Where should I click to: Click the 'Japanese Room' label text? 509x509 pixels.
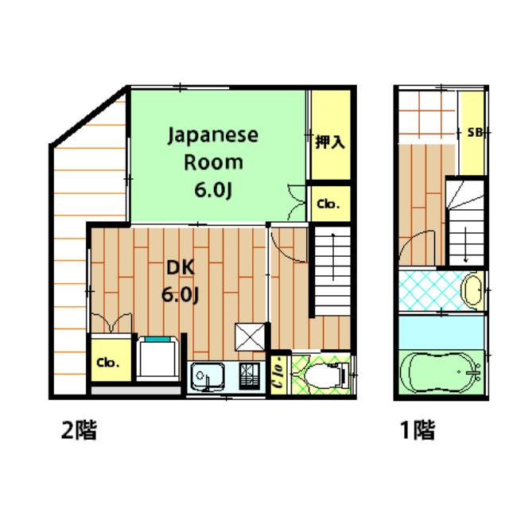coord(213,149)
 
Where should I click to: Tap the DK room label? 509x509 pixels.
coord(181,267)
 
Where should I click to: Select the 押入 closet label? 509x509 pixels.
coord(329,142)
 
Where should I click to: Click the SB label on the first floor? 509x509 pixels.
coord(475,132)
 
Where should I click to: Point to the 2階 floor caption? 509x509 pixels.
coord(79,429)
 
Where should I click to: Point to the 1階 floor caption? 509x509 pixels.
coord(418,429)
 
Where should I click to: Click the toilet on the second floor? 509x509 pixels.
coord(326,375)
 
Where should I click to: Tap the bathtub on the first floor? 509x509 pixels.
coord(441,372)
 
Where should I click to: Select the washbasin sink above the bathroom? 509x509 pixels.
coord(472,290)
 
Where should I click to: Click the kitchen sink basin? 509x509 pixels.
coord(208,376)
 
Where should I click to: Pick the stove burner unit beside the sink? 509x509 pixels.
coord(249,376)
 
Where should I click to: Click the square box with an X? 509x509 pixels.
coord(250,337)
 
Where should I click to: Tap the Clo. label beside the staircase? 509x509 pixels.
coord(328,204)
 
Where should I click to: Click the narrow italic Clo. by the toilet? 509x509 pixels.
coord(279,373)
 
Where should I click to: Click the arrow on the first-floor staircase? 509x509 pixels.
coord(466,244)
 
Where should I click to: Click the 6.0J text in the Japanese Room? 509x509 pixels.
coord(213,190)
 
